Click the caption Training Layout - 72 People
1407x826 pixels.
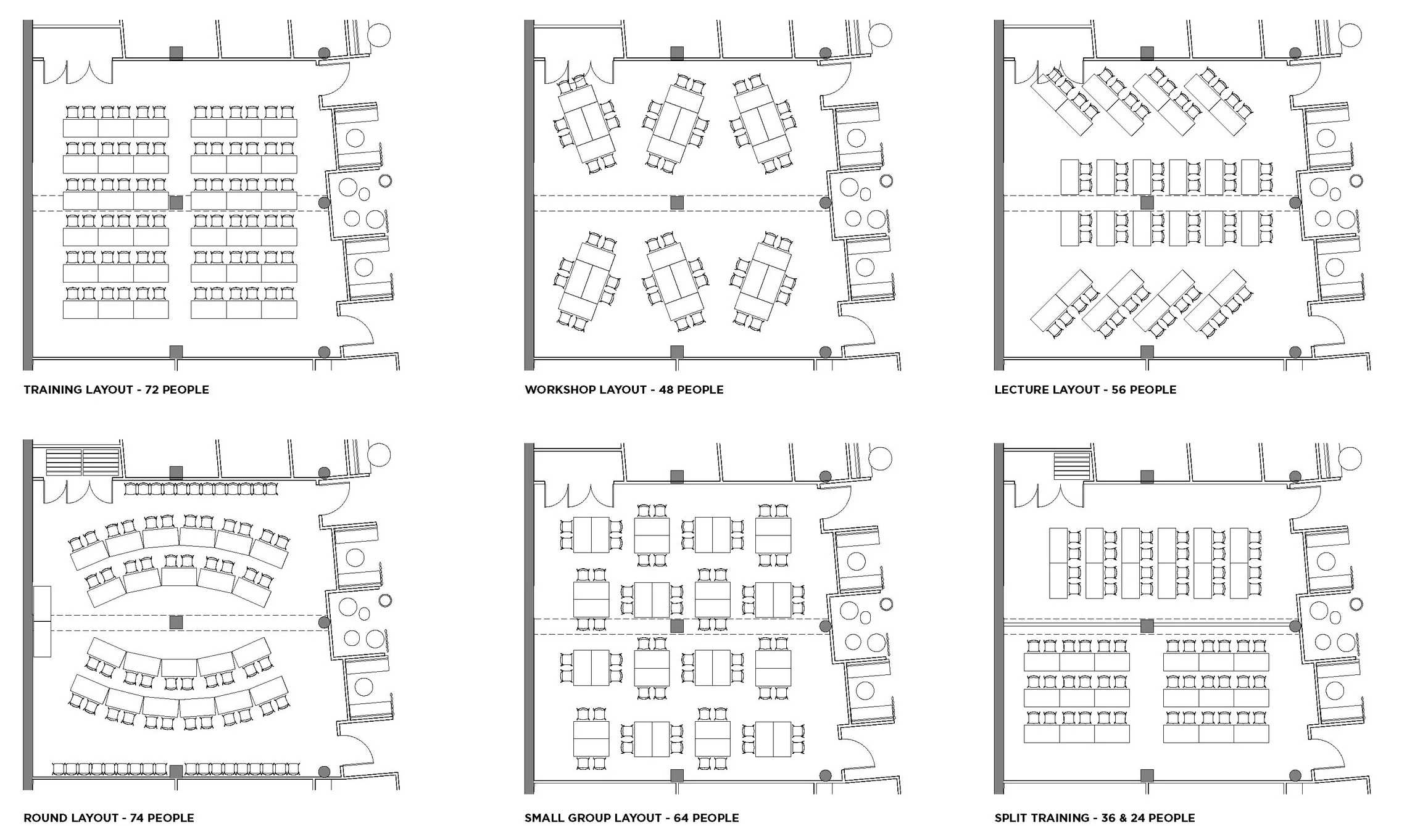point(116,390)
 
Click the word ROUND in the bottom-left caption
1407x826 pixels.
point(44,818)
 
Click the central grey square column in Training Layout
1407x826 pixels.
point(176,202)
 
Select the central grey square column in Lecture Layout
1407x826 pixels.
point(1147,202)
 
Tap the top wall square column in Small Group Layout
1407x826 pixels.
point(677,476)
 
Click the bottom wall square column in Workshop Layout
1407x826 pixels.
point(677,352)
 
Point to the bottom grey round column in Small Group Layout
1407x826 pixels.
point(826,775)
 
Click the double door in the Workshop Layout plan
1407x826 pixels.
point(578,72)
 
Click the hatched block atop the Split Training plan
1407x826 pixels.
point(1073,466)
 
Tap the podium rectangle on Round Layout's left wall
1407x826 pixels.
point(42,621)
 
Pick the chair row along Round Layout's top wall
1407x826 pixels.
point(201,489)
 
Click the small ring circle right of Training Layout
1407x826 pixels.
point(386,181)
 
